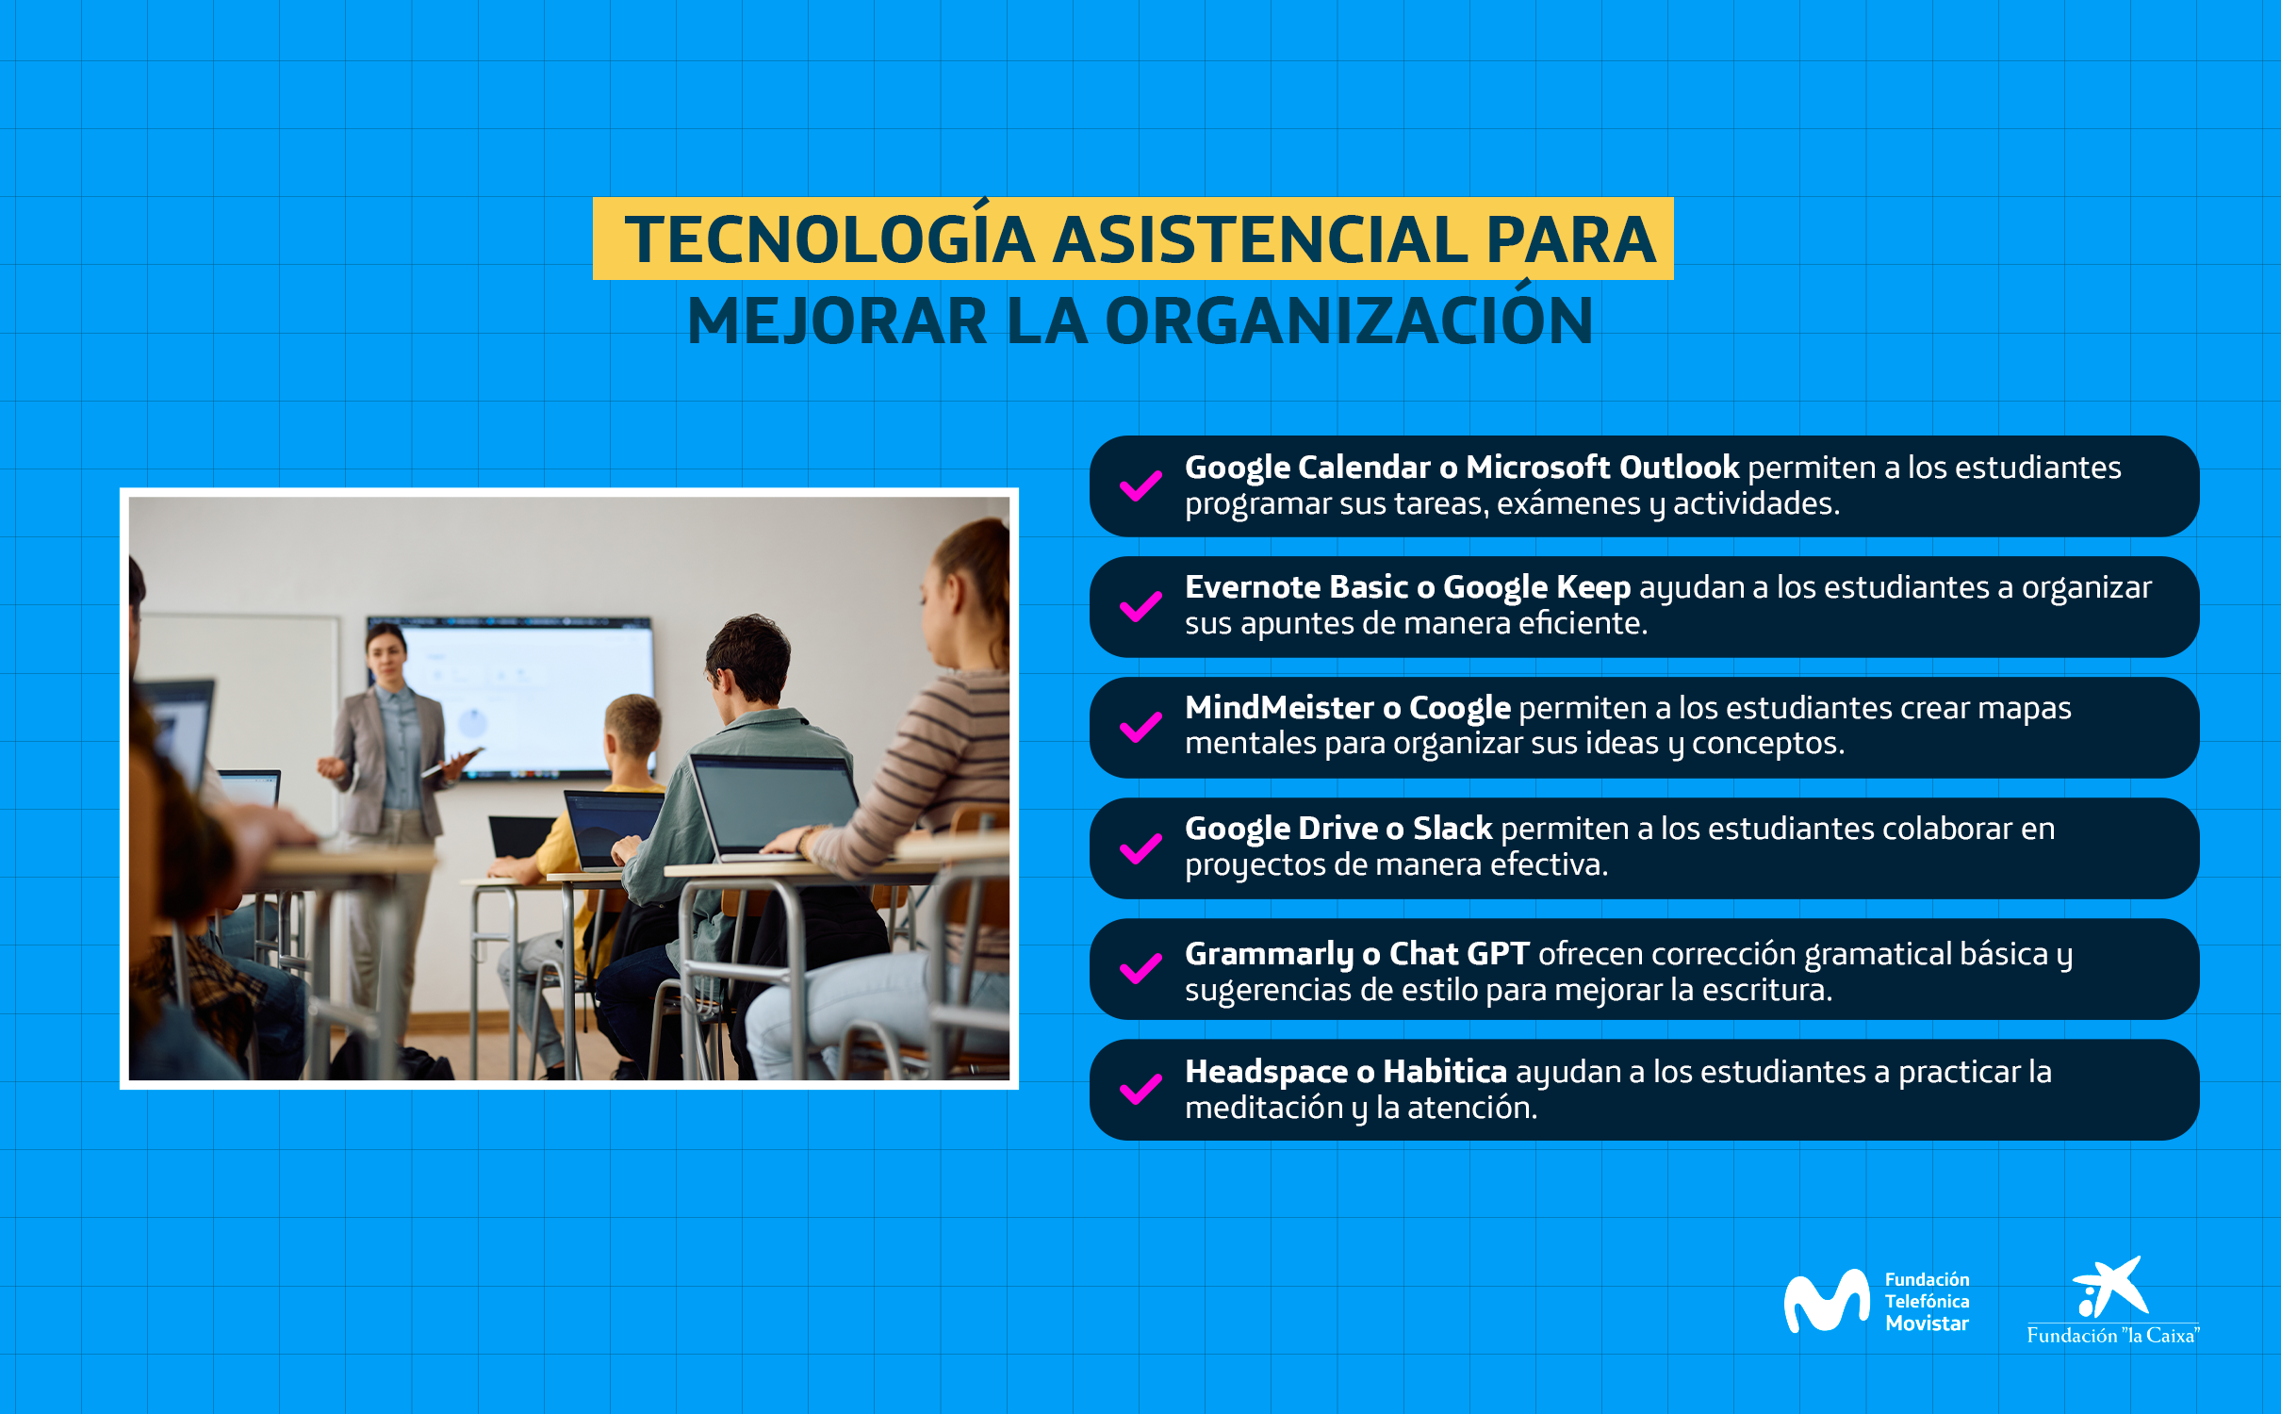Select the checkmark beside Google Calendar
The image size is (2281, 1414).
pyautogui.click(x=1140, y=485)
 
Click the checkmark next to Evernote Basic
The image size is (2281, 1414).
pyautogui.click(x=1140, y=606)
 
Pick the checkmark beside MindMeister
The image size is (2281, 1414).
pyautogui.click(x=1140, y=727)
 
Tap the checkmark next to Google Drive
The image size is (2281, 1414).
pyautogui.click(x=1140, y=848)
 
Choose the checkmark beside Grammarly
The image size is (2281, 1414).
pyautogui.click(x=1140, y=968)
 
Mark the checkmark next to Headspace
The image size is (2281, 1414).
pyautogui.click(x=1140, y=1089)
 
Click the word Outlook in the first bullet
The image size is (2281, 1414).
pyautogui.click(x=1679, y=467)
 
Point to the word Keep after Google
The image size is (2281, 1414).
pyautogui.click(x=1593, y=587)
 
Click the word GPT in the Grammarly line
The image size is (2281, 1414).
pyautogui.click(x=1498, y=953)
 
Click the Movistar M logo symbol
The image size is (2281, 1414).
pyautogui.click(x=1827, y=1301)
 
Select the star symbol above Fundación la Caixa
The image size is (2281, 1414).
pyautogui.click(x=2110, y=1286)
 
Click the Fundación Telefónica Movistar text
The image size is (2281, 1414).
pyautogui.click(x=1927, y=1301)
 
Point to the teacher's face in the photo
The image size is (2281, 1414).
pyautogui.click(x=387, y=656)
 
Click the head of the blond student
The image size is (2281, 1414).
pyautogui.click(x=632, y=731)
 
